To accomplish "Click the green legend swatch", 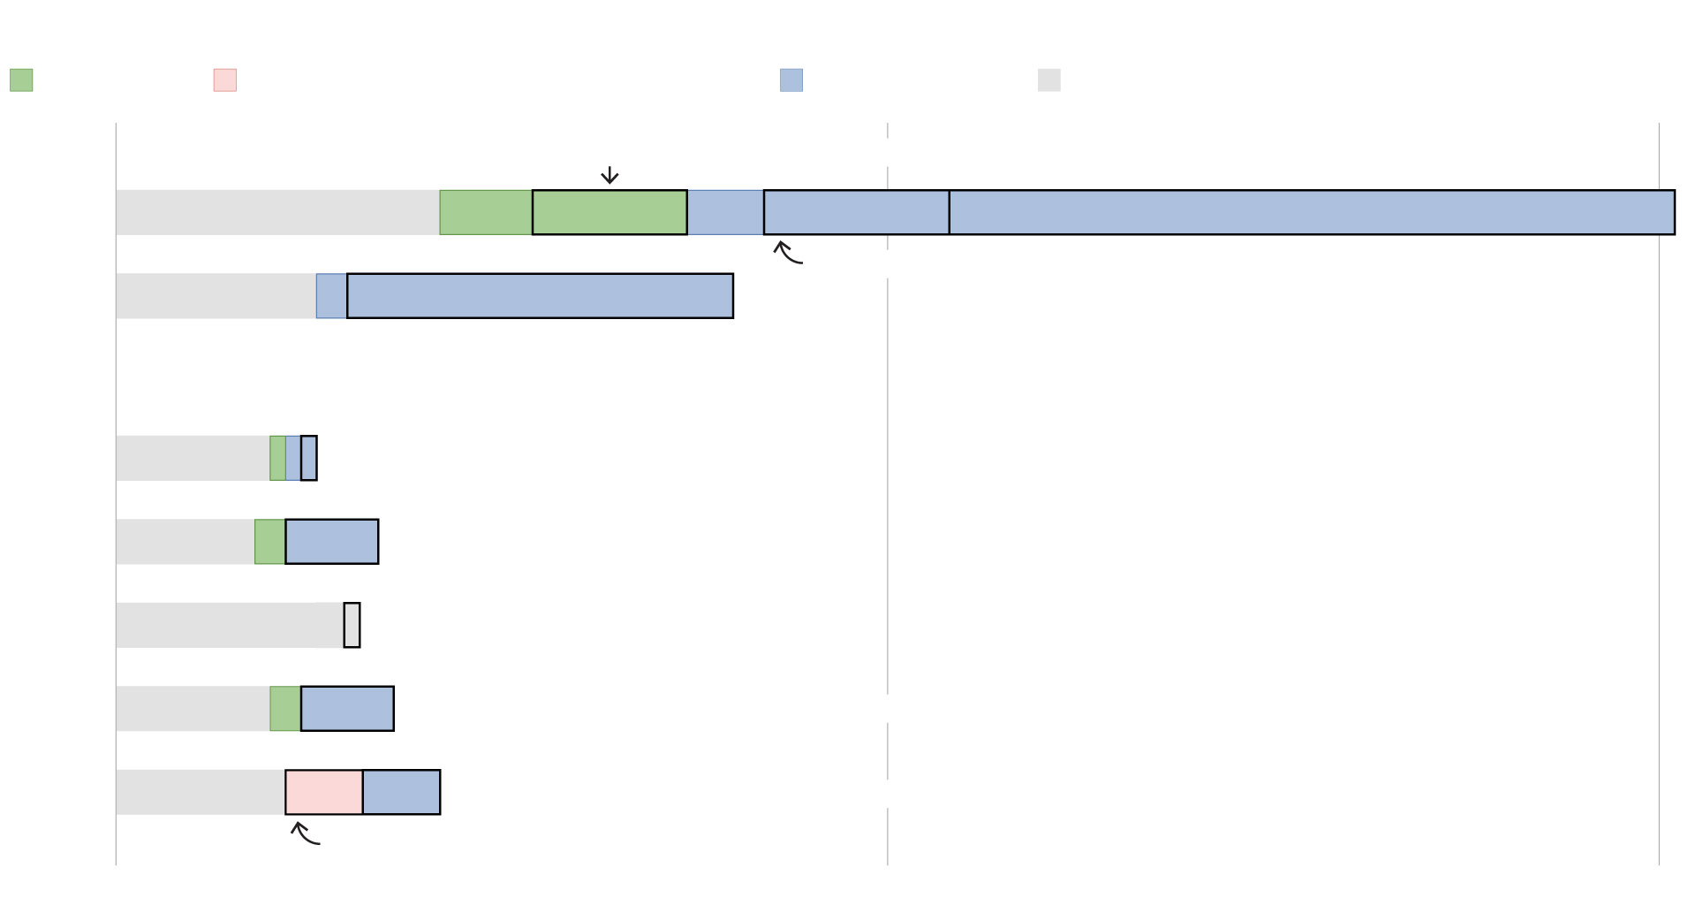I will point(21,80).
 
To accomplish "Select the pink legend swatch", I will point(225,80).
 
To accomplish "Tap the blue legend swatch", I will point(791,80).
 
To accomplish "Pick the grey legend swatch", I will point(1049,80).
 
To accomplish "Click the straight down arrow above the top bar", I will point(609,175).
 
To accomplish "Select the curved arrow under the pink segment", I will point(305,833).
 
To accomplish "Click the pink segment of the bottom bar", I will point(324,792).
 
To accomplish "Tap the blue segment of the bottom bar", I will point(402,792).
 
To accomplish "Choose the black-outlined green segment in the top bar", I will point(609,212).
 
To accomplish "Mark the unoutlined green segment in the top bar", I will point(486,212).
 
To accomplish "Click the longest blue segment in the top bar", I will point(1312,212).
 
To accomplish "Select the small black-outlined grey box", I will point(352,625).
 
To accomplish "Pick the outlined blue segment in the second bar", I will point(540,296).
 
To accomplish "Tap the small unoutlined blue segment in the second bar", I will point(332,296).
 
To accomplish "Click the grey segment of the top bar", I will point(277,212).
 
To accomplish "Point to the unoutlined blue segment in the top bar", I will point(725,212).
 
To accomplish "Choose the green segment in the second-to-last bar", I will point(285,709).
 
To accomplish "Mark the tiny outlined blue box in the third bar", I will point(308,458).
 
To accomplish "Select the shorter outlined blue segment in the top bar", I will point(857,212).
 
